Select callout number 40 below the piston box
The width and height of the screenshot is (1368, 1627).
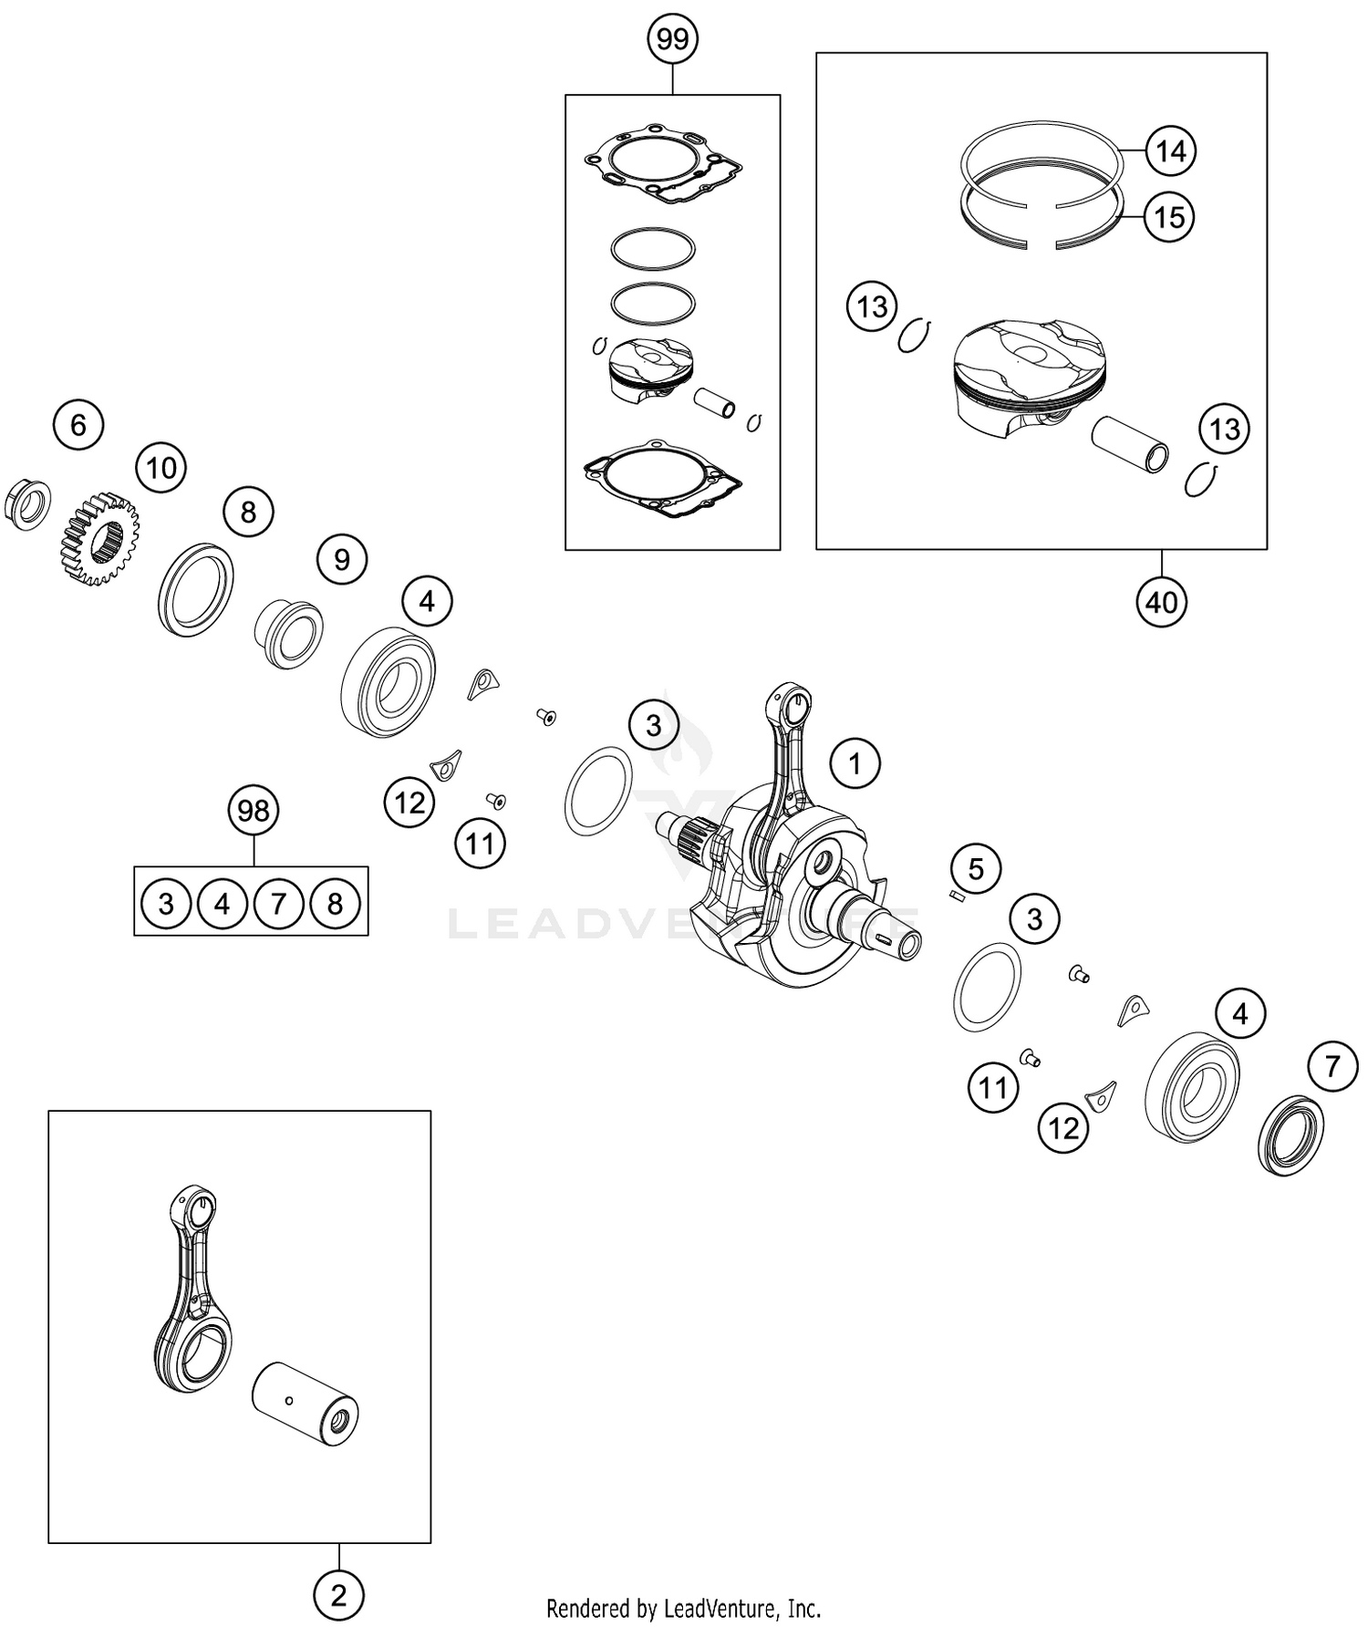[1162, 602]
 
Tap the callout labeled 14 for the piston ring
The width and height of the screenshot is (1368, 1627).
[1170, 150]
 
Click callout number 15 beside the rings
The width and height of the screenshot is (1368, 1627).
[1169, 217]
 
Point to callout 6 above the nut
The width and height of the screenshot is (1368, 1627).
[78, 425]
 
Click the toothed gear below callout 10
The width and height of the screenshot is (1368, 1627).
[100, 539]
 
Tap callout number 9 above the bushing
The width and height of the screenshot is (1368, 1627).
[342, 559]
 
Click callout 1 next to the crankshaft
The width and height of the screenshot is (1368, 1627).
[855, 763]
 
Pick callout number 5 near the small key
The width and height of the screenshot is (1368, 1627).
[976, 869]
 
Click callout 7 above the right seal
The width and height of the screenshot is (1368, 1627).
[1332, 1065]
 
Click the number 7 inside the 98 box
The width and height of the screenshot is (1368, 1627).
[279, 904]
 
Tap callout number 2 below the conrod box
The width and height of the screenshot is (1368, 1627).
[338, 1596]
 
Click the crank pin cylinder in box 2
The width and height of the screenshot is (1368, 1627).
[305, 1403]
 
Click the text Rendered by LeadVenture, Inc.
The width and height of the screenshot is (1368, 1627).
[683, 1607]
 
